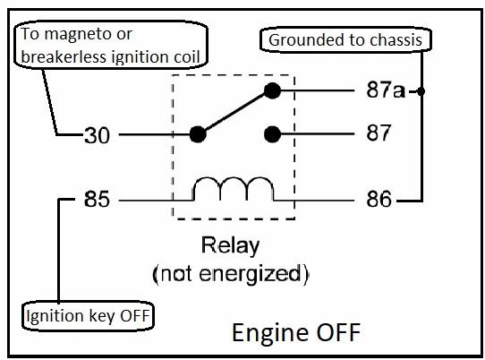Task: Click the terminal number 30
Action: click(97, 135)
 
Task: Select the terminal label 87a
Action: click(386, 90)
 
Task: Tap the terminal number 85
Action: click(97, 199)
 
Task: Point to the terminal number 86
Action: click(379, 199)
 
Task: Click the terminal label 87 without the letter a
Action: click(379, 133)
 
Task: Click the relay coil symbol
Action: click(234, 189)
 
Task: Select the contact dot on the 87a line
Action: click(272, 90)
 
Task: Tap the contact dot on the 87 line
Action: click(272, 134)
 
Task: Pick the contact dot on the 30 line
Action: click(198, 134)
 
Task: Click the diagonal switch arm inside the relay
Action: click(235, 112)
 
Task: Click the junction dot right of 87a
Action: click(421, 91)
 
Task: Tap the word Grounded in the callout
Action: click(310, 40)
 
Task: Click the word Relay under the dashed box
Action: click(231, 246)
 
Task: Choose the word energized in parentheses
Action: click(250, 274)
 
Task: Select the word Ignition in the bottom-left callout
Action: click(55, 316)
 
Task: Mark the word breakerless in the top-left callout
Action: click(64, 57)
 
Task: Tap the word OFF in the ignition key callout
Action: click(135, 316)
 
